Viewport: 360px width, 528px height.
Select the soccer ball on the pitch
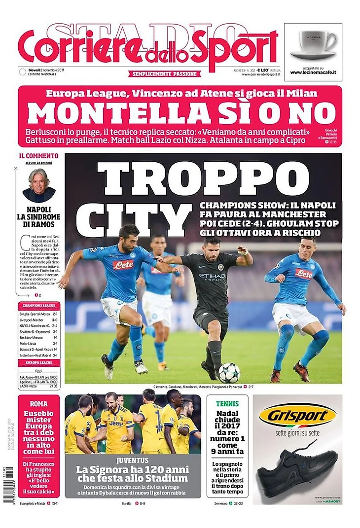(229, 373)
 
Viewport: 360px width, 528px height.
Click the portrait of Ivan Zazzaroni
(39, 185)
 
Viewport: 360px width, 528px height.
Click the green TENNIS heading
(227, 403)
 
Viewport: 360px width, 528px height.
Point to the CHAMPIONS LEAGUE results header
(39, 306)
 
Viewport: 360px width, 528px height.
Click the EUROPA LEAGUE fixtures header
(39, 363)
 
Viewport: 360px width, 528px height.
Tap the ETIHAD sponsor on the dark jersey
(212, 276)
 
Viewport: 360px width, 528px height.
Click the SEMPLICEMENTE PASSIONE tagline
(165, 73)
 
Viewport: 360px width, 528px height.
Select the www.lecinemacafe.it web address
(313, 72)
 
